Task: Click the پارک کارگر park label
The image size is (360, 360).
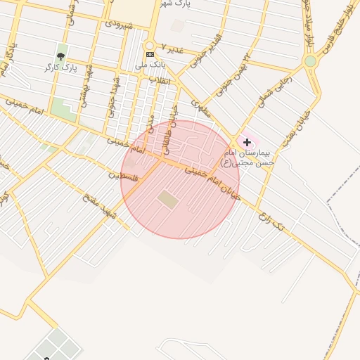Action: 60,67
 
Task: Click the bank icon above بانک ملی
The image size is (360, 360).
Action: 150,53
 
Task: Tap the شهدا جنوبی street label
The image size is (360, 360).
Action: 113,99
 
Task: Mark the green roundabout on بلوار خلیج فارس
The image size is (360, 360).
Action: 310,61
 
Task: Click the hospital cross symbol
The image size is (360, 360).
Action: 247,142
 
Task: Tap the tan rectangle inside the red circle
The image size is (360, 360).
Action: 168,200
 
